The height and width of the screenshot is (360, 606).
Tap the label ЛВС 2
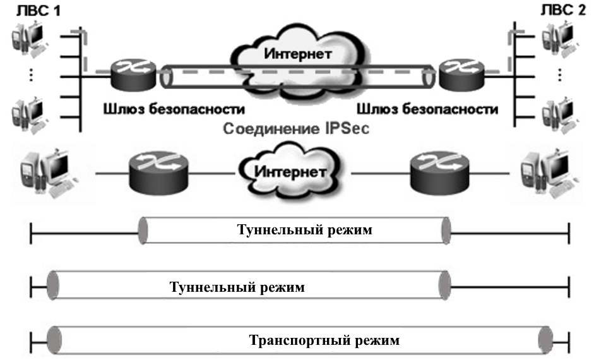564,11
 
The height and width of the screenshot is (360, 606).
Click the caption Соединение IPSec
297,130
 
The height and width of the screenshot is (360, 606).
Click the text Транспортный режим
324,340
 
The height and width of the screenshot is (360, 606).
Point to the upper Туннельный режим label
304,230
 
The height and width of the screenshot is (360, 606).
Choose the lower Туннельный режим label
237,287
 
